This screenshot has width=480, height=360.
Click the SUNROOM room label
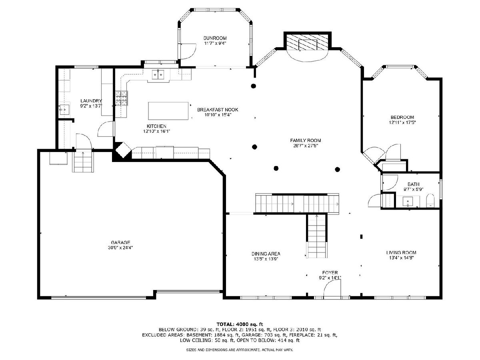[x=215, y=38]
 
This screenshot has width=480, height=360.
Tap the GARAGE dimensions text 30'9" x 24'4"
[x=120, y=248]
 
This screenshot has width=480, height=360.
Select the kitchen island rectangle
[x=168, y=111]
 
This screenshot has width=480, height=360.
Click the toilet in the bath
[x=430, y=200]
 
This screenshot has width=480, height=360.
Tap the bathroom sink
[x=408, y=202]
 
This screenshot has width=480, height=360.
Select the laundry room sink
[x=64, y=109]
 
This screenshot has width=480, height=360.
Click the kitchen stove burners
[x=121, y=98]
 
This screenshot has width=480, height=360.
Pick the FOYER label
[x=330, y=272]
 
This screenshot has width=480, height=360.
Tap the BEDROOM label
[x=402, y=117]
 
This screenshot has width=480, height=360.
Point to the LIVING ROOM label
[x=401, y=252]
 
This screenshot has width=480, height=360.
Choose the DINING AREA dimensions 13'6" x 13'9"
[x=266, y=259]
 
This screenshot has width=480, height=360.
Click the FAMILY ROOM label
[x=306, y=140]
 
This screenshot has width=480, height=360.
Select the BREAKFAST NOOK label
[x=218, y=110]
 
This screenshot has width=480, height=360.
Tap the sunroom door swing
[x=188, y=52]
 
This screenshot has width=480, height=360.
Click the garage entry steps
[x=83, y=162]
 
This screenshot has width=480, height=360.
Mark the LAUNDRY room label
[x=91, y=101]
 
